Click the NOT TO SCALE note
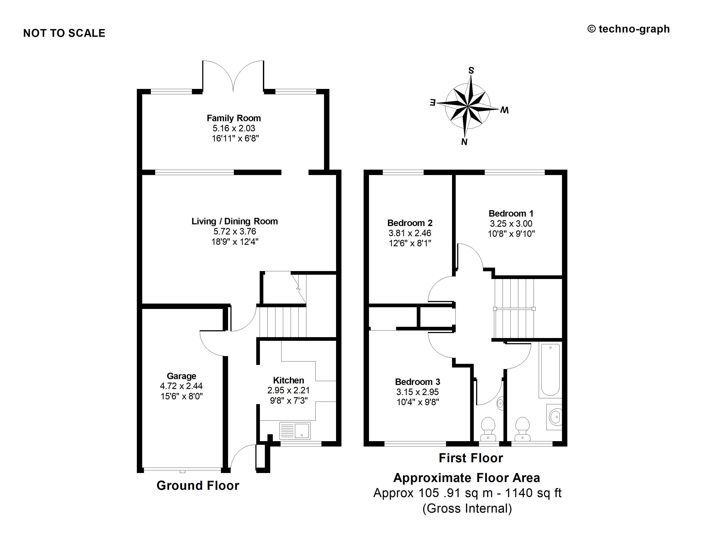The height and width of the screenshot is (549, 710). pos(64,33)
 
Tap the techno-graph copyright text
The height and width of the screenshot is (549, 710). pos(628,29)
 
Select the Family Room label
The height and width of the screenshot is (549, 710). pos(234,118)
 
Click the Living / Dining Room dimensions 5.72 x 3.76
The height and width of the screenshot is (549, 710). pos(235,231)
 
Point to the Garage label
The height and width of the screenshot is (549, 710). pos(181,376)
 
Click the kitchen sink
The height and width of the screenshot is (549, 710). pos(295,430)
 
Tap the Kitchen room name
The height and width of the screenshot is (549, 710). pos(288,380)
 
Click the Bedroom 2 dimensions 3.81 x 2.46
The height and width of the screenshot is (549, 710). pos(410,233)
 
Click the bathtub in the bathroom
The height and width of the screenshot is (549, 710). pos(550,370)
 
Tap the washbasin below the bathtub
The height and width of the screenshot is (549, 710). pos(555,417)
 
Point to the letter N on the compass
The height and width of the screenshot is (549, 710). pos(464,142)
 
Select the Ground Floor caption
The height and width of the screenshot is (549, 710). pos(198,485)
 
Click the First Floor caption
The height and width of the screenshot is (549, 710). pos(471,458)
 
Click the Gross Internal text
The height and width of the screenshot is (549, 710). pos(467,508)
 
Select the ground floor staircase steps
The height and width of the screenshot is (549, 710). pos(282,322)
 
